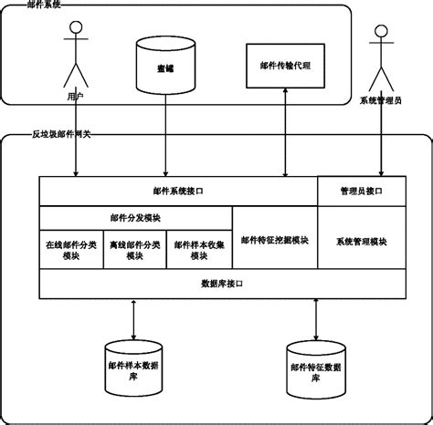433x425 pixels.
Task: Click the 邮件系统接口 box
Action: point(177,192)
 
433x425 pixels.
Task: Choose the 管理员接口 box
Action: point(362,192)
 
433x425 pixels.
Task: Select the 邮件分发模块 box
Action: point(135,218)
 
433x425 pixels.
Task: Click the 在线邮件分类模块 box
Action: point(71,250)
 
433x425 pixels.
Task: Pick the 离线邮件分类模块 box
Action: point(134,250)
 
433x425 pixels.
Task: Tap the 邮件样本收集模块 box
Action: point(199,250)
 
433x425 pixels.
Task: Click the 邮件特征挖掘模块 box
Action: point(274,241)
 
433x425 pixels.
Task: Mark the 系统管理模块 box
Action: point(362,241)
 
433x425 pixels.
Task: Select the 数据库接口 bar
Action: point(222,284)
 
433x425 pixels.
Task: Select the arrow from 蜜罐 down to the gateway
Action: point(165,137)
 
